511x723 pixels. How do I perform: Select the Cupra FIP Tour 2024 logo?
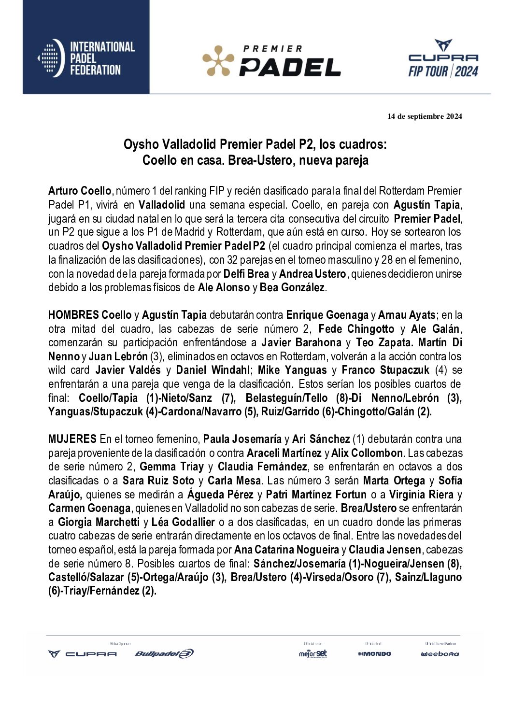click(443, 59)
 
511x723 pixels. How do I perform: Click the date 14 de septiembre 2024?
click(425, 116)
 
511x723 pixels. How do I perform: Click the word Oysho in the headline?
click(141, 144)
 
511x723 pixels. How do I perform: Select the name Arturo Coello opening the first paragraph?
click(80, 191)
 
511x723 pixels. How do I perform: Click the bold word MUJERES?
click(72, 439)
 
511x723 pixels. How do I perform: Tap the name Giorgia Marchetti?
click(99, 523)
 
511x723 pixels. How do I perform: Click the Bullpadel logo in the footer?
click(164, 654)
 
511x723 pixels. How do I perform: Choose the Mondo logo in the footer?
click(374, 654)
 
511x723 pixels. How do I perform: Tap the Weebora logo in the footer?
click(440, 654)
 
